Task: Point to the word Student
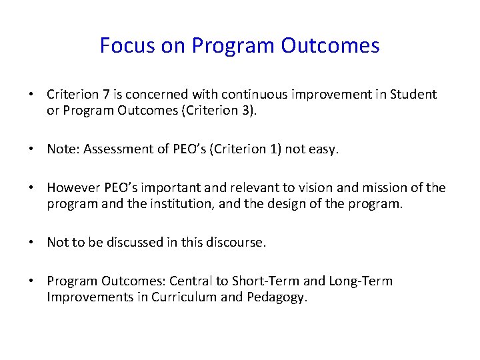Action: [x=414, y=94]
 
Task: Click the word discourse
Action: [x=237, y=243]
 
